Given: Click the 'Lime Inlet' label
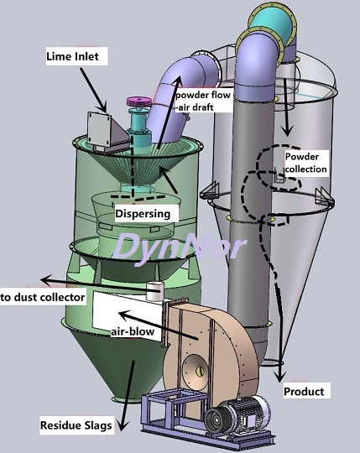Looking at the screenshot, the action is [x=72, y=56].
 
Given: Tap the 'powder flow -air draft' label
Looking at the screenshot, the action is [x=203, y=102].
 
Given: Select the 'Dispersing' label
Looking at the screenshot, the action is [x=143, y=214].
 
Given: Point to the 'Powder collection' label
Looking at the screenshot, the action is [x=306, y=163].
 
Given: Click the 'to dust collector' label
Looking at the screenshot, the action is [x=43, y=297].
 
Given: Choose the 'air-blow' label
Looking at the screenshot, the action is [x=133, y=331].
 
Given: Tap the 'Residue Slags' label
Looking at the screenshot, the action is [x=76, y=425].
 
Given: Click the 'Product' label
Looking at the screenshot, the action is [x=304, y=392].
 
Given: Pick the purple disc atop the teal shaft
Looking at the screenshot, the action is [x=139, y=102].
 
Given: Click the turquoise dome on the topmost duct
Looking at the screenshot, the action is [x=273, y=23].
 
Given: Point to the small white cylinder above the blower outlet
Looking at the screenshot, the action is [x=155, y=291].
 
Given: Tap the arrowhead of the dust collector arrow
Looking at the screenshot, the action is [x=45, y=280].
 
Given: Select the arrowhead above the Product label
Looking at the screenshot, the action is [x=279, y=377].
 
